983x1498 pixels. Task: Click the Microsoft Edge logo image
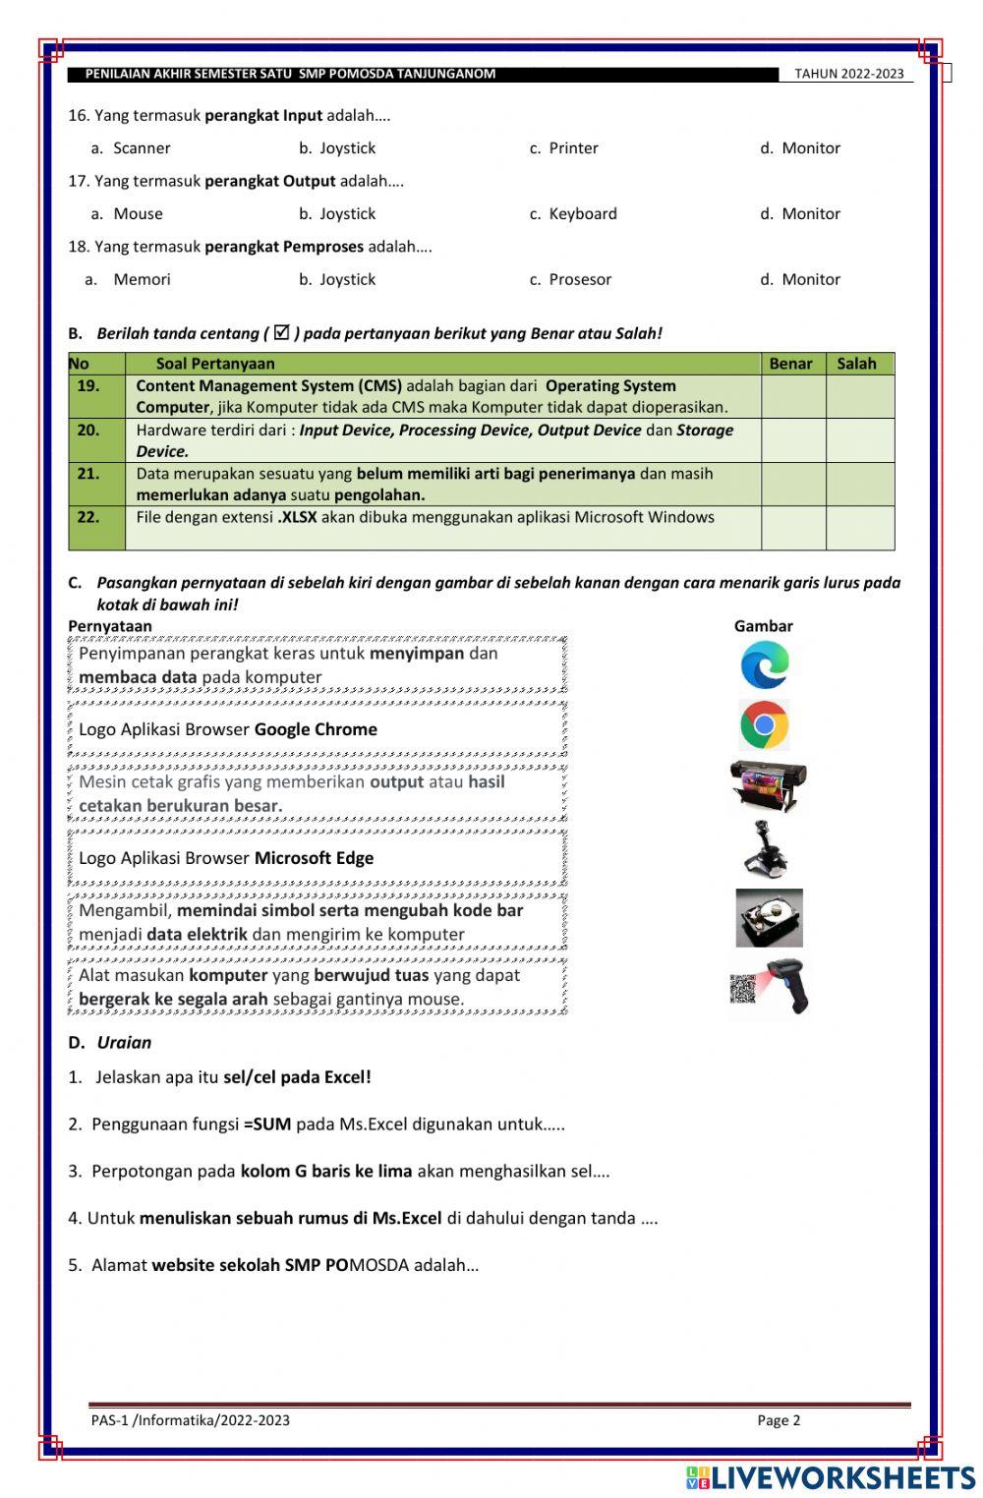point(765,665)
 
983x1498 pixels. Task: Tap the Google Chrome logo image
point(765,725)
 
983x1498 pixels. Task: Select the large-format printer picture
point(768,785)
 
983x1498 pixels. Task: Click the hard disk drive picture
point(769,918)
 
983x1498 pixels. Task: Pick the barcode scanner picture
point(772,986)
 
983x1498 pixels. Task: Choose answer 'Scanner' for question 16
point(142,148)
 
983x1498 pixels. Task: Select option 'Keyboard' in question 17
point(582,214)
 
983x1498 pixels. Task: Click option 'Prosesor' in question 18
point(579,280)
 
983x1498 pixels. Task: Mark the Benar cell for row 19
point(792,396)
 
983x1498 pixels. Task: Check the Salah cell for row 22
point(859,528)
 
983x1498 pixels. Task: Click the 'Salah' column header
point(856,364)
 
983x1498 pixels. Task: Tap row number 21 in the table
point(88,474)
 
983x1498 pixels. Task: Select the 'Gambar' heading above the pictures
point(763,626)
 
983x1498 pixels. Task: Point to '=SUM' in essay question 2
point(267,1124)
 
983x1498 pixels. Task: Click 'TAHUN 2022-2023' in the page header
point(848,74)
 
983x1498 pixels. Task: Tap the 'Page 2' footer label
point(779,1420)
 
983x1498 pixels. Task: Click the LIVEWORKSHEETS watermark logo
point(831,1477)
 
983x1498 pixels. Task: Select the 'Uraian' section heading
point(124,1043)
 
